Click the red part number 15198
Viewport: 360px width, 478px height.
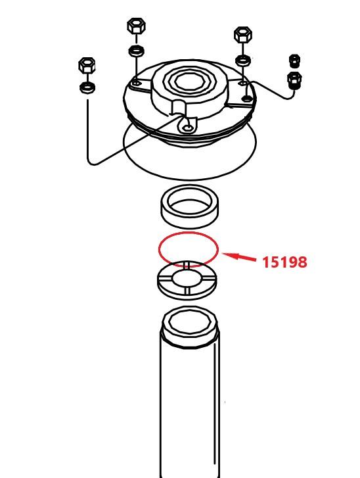[x=284, y=262]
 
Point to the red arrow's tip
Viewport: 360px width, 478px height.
[x=223, y=254]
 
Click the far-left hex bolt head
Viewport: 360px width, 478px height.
[x=87, y=65]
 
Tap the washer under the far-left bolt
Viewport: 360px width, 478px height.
[x=87, y=87]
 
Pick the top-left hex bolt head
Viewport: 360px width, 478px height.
[x=136, y=26]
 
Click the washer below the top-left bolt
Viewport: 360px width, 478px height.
[x=137, y=51]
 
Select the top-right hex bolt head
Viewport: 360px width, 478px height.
[x=243, y=35]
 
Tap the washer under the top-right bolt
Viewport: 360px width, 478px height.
[x=243, y=60]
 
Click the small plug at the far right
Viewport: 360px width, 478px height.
[x=294, y=61]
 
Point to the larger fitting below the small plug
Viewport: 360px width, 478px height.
[x=294, y=80]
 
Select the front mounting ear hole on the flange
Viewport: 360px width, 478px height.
[x=189, y=128]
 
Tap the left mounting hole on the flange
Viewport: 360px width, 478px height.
[x=137, y=83]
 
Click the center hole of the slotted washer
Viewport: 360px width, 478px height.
[x=187, y=279]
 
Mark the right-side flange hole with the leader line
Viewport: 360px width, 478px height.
[x=246, y=98]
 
